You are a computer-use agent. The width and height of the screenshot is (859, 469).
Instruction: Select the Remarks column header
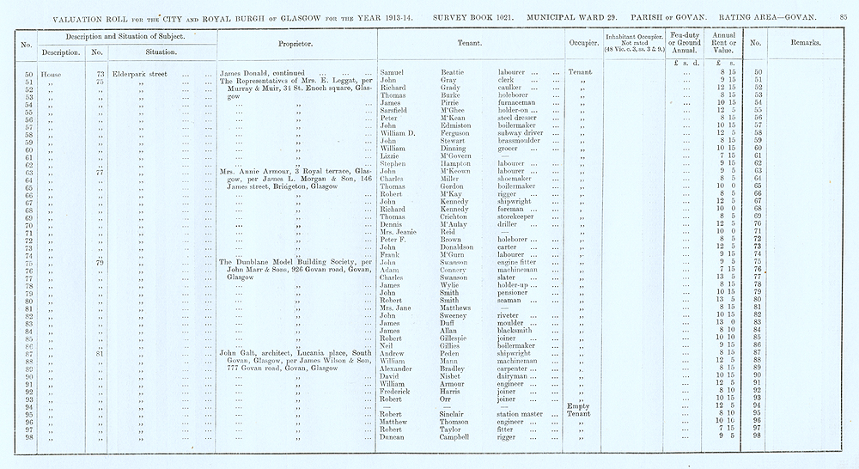(x=804, y=41)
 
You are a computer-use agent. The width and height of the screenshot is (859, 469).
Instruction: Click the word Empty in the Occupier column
(x=576, y=406)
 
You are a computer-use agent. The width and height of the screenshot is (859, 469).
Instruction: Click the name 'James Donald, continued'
(x=258, y=74)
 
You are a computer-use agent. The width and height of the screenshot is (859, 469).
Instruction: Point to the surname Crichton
(x=448, y=216)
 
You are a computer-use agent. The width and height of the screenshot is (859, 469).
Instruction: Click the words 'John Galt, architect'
(x=260, y=352)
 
